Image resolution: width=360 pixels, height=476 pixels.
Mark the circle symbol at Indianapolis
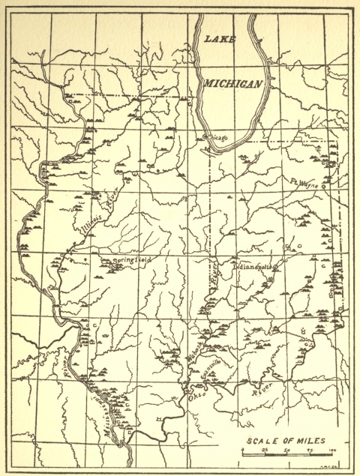[277, 267]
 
